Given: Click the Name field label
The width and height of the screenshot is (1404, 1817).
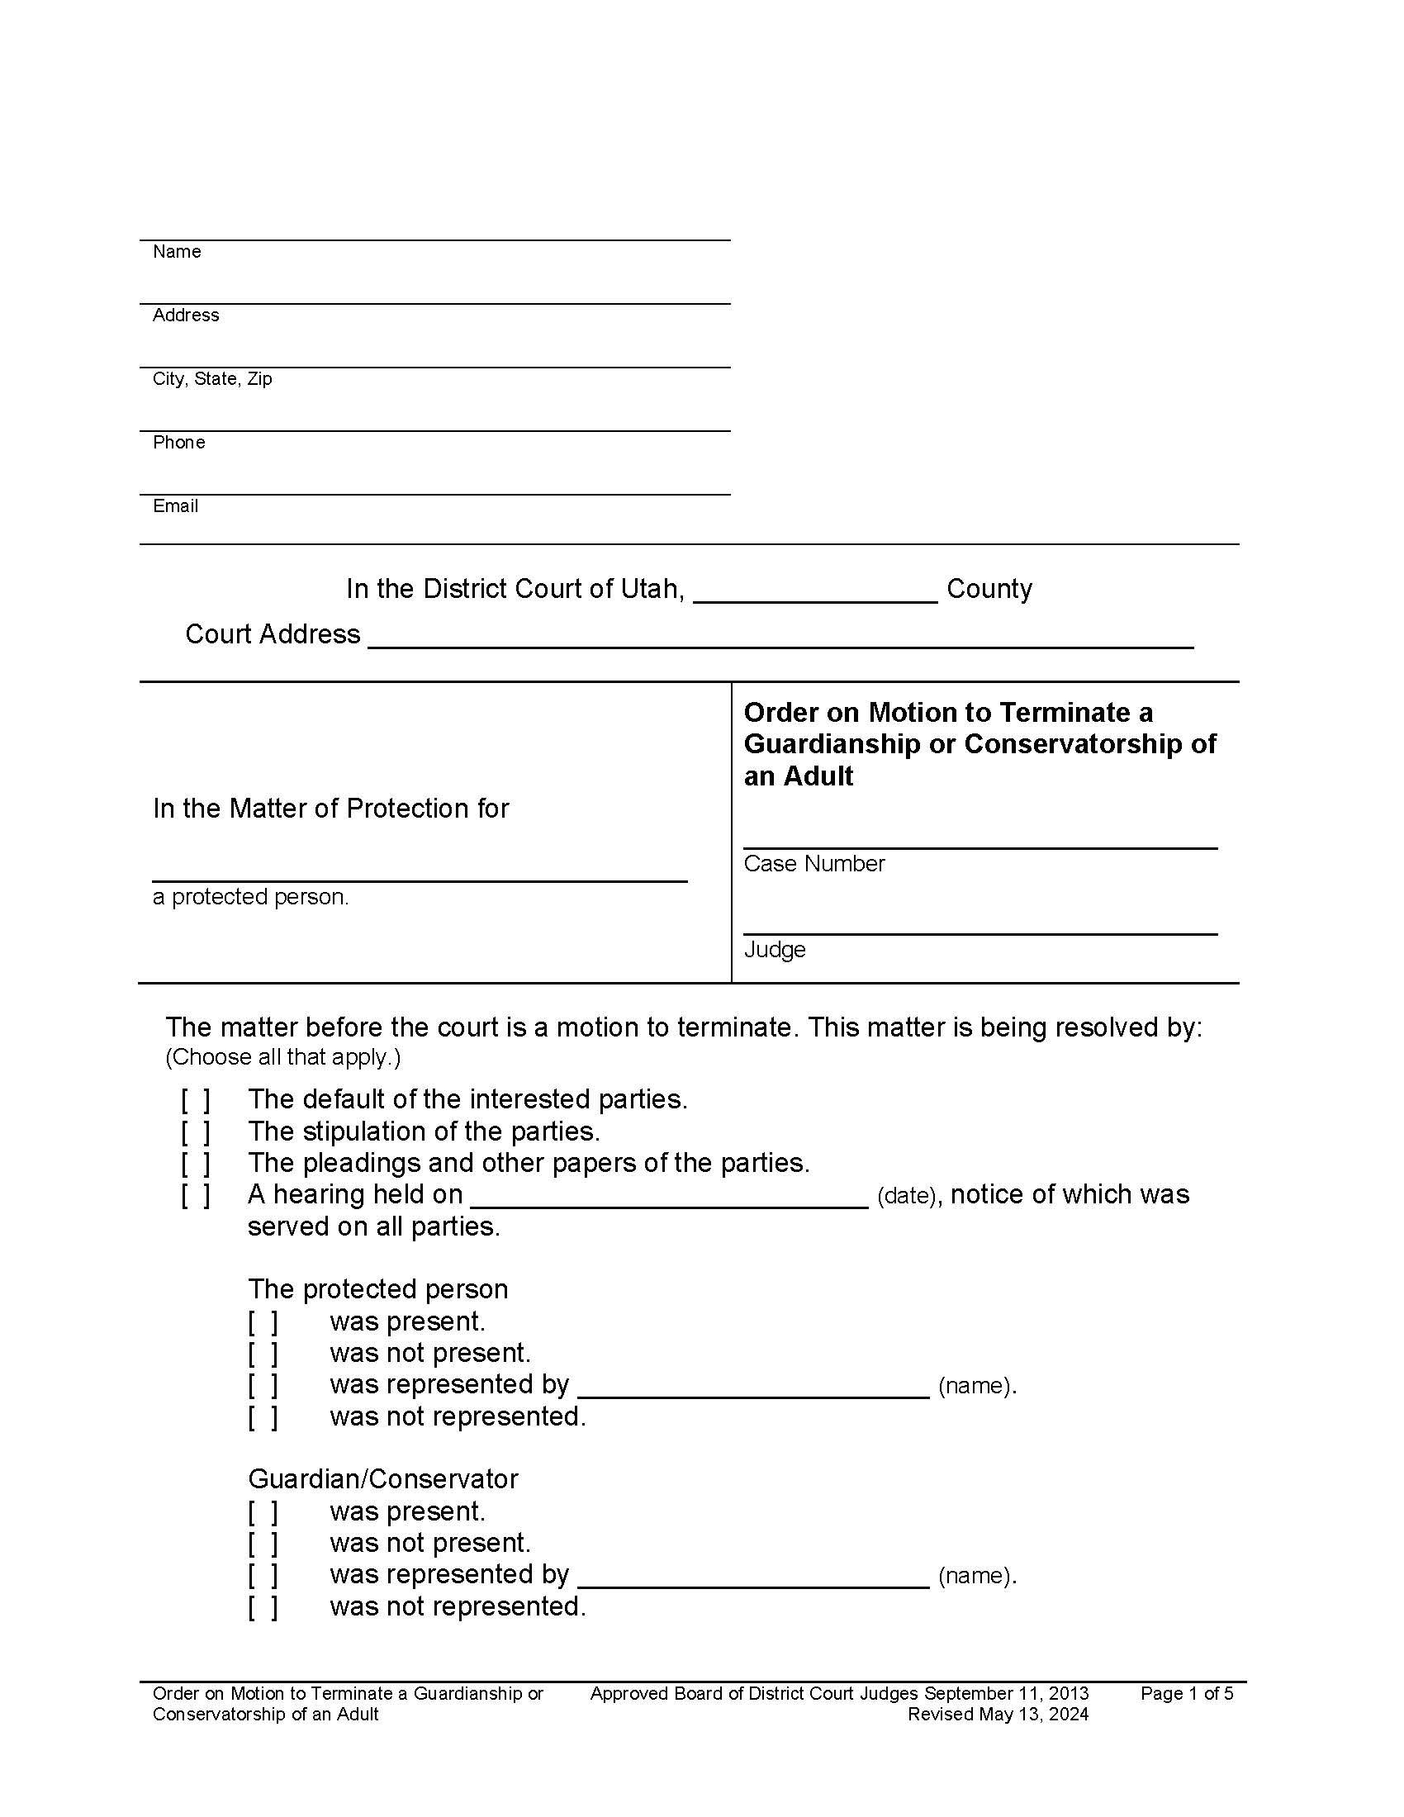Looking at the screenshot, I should click(177, 251).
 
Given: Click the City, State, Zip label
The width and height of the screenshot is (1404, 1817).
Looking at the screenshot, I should click(212, 378).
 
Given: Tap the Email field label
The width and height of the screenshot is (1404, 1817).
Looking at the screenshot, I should click(174, 505).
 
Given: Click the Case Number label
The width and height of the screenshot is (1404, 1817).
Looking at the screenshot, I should click(813, 864).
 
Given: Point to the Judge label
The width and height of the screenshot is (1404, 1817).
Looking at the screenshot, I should click(775, 949).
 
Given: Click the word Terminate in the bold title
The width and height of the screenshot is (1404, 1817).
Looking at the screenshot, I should click(1065, 712).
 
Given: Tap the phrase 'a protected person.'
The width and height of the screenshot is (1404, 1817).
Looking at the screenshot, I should click(250, 897).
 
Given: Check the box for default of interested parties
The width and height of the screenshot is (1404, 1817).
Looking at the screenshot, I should click(196, 1100).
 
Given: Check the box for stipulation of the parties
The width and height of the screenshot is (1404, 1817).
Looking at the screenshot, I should click(196, 1131).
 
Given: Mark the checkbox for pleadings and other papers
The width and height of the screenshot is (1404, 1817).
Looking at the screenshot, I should click(196, 1163).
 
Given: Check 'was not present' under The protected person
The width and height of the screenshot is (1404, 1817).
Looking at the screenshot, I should click(262, 1354).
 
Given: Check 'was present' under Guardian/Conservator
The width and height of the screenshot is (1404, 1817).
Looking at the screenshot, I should click(262, 1511).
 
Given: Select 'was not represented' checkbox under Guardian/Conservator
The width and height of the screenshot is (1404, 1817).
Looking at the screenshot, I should click(262, 1606).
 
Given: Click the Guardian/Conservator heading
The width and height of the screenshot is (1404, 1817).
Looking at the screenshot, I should click(382, 1479).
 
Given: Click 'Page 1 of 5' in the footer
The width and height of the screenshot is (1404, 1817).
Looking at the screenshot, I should click(1186, 1693).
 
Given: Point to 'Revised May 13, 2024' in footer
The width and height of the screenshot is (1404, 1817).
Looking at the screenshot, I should click(998, 1714).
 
